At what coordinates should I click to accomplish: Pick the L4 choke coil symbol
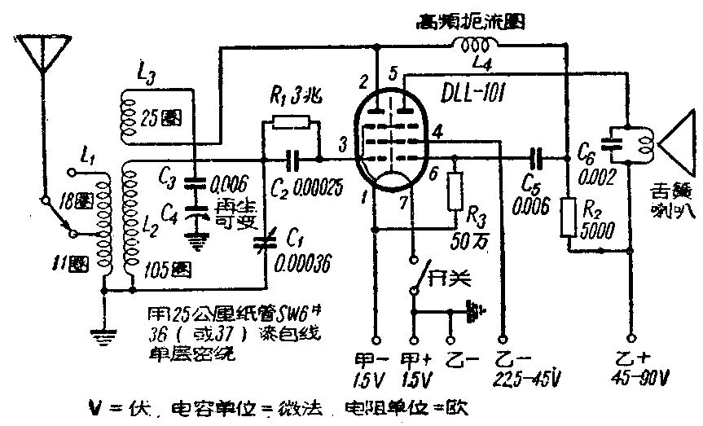pos(474,46)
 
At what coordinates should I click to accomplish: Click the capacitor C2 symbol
pos(297,157)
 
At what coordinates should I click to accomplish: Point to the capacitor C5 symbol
pos(536,157)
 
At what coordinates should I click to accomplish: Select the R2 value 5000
pos(600,231)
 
